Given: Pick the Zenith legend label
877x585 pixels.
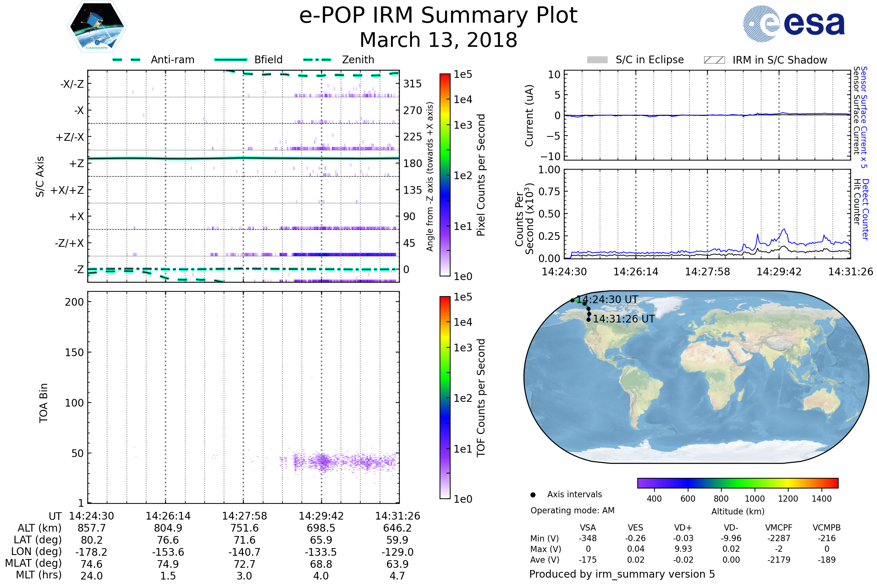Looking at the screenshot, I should click(x=358, y=60).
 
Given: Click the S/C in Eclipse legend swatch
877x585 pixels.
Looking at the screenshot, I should click(x=597, y=60).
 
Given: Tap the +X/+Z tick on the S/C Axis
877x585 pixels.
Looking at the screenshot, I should click(x=67, y=190).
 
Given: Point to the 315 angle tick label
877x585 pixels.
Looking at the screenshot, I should click(x=413, y=84).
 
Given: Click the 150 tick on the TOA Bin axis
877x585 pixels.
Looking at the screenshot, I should click(x=74, y=352).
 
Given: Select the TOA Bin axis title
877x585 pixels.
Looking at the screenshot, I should click(x=43, y=403).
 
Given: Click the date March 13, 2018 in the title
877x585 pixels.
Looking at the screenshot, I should click(x=438, y=40).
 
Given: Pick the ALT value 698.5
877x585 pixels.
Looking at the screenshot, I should click(x=321, y=528).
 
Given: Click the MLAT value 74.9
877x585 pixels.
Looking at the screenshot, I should click(x=168, y=564).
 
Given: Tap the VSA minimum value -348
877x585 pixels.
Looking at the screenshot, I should click(x=588, y=538).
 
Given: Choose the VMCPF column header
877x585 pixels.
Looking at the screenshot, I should click(x=779, y=528).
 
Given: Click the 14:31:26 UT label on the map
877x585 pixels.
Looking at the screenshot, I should click(x=624, y=319).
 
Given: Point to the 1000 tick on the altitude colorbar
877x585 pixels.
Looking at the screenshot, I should click(x=755, y=499).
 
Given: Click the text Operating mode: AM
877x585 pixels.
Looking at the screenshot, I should click(x=572, y=510).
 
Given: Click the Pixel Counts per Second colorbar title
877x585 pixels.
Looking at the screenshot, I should click(x=481, y=175).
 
